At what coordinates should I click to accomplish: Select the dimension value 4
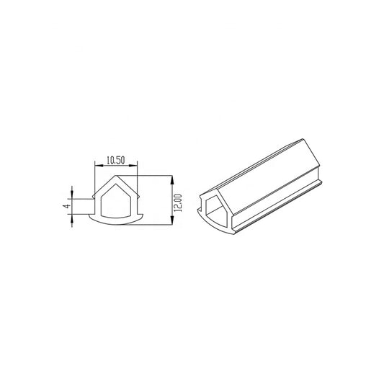[x=66, y=205]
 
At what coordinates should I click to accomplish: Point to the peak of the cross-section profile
[x=115, y=177]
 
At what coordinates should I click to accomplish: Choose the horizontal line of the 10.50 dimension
[x=115, y=166]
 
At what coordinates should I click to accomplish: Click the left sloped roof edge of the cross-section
[x=105, y=186]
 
